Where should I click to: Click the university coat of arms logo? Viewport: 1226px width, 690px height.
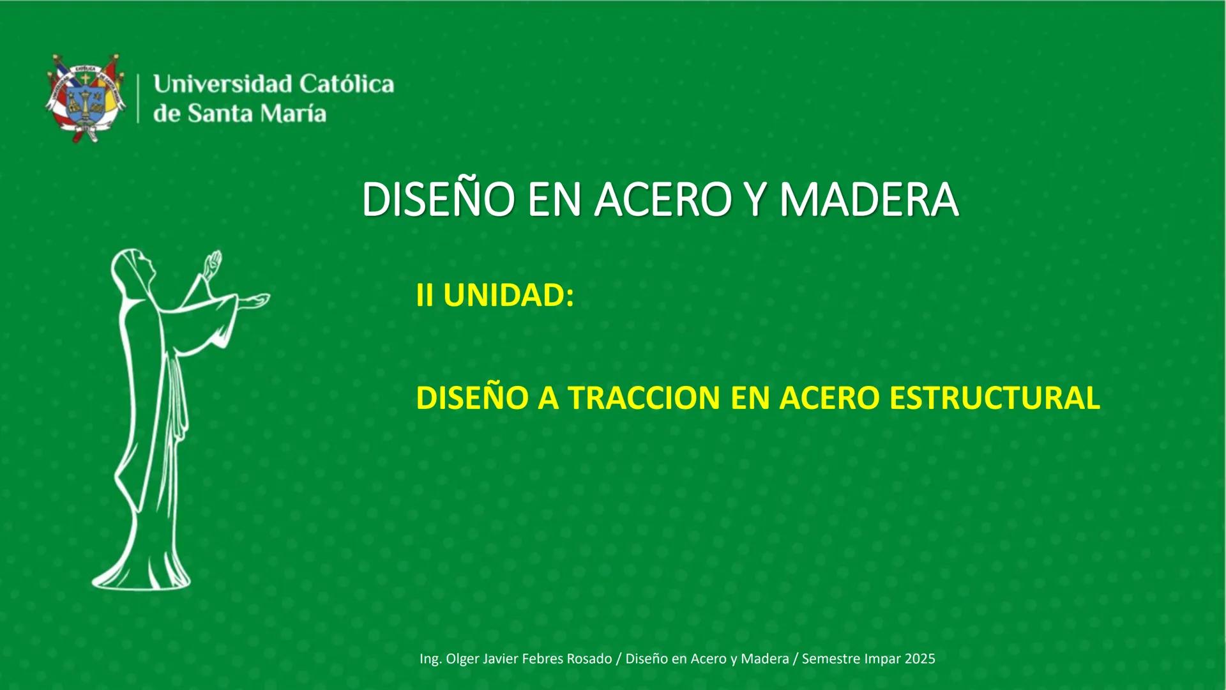click(85, 98)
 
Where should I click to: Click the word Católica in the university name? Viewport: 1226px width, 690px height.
click(346, 84)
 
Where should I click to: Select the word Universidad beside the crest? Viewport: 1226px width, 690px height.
click(222, 84)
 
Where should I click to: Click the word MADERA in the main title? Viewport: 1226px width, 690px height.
click(868, 200)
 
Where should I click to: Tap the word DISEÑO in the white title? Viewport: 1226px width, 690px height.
click(438, 200)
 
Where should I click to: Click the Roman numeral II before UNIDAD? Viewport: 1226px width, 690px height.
click(425, 295)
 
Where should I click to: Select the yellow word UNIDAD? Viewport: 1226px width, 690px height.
click(508, 295)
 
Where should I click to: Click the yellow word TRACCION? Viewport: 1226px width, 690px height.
click(645, 398)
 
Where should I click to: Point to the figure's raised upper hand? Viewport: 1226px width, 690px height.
click(213, 262)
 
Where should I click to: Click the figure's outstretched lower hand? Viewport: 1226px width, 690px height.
click(255, 300)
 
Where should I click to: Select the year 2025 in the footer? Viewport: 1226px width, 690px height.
click(919, 659)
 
